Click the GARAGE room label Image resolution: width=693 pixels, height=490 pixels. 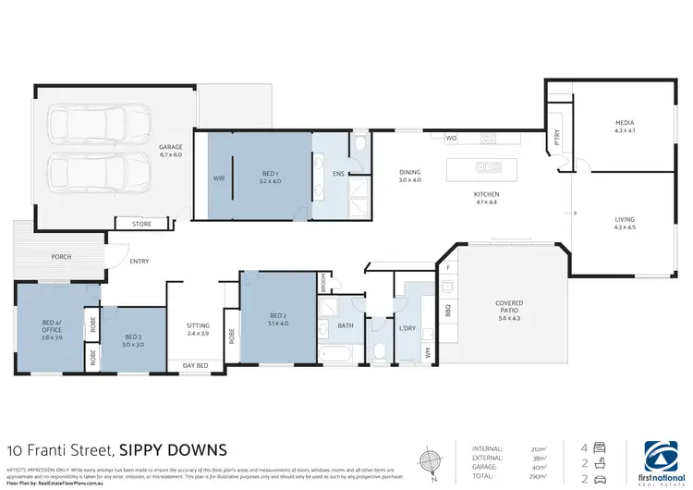point(170,147)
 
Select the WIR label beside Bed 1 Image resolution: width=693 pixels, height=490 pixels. point(219,178)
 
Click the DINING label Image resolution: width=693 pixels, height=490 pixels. point(410,172)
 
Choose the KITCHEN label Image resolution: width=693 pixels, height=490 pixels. point(487,194)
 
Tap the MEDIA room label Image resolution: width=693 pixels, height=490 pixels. point(626,123)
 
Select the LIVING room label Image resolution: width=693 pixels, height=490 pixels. point(626,219)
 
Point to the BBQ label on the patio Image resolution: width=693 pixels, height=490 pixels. point(447,310)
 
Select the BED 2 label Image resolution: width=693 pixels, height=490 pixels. point(276,317)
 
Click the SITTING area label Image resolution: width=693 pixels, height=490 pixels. point(198,326)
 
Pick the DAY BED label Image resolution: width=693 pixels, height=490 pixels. point(195,366)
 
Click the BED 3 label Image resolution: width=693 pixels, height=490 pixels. point(133,337)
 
